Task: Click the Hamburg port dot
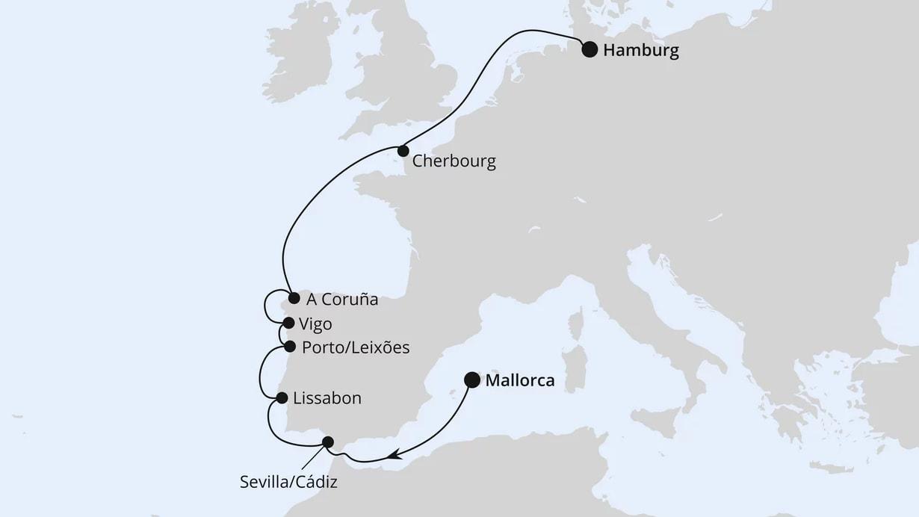coord(590,50)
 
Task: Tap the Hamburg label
coord(641,51)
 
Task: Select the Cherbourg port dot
coord(403,151)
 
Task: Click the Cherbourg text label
coord(454,161)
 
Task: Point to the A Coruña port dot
coord(294,297)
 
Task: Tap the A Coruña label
coord(342,300)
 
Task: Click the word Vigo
coord(315,324)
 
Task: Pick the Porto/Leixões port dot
coord(290,347)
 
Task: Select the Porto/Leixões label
coord(356,348)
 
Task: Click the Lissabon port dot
coord(282,398)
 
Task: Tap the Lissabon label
coord(327,399)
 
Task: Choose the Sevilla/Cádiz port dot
coord(327,442)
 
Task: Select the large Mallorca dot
coord(472,380)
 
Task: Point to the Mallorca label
coord(520,381)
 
